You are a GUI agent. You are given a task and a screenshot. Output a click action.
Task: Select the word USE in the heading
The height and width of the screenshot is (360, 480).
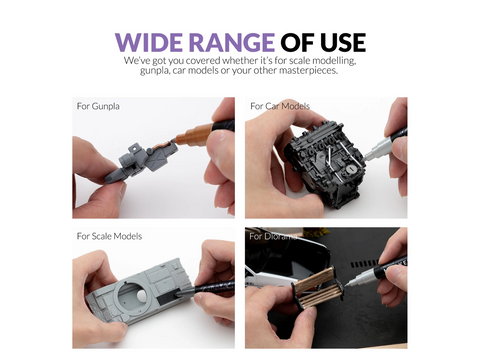(x=343, y=42)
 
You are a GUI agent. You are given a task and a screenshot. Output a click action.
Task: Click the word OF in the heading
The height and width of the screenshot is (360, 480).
(x=298, y=42)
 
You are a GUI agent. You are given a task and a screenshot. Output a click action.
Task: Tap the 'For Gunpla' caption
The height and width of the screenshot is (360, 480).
(x=98, y=106)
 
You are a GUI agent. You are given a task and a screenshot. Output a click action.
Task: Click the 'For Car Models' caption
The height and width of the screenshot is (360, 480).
(x=280, y=106)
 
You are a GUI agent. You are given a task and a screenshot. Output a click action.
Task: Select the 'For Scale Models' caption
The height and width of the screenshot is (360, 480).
(x=109, y=236)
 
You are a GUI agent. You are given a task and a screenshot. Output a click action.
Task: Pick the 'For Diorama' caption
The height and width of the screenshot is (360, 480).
(x=273, y=236)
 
